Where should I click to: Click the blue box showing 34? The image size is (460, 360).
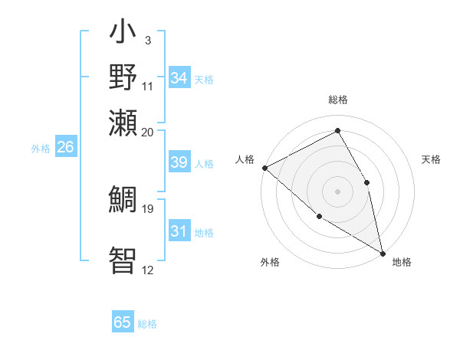[179, 78]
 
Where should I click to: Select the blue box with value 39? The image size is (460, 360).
[179, 162]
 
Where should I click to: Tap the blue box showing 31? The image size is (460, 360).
[179, 231]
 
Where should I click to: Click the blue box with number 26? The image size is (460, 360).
[66, 148]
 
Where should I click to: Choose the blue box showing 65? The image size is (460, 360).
[123, 322]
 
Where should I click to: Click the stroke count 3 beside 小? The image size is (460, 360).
[148, 40]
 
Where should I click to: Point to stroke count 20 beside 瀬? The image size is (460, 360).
[147, 131]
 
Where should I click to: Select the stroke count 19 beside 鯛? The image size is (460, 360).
[147, 208]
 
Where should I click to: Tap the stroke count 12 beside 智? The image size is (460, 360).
[147, 270]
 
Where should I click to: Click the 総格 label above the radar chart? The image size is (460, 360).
[337, 100]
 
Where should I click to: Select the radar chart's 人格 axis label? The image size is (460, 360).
[245, 159]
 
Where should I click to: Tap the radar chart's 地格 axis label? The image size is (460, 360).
[402, 262]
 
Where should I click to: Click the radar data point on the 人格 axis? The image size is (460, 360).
[264, 167]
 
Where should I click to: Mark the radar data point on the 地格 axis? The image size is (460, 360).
[383, 253]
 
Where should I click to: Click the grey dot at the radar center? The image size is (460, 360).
[337, 191]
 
